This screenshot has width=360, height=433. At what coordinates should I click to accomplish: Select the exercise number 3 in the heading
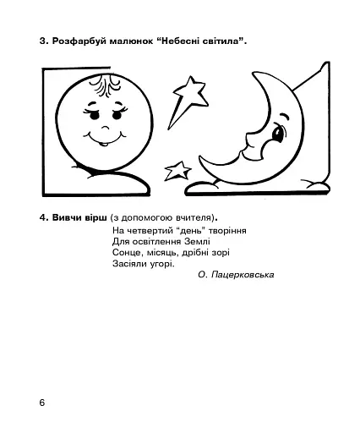pos(41,42)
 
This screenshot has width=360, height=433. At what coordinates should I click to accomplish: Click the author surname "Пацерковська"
pos(247,275)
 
